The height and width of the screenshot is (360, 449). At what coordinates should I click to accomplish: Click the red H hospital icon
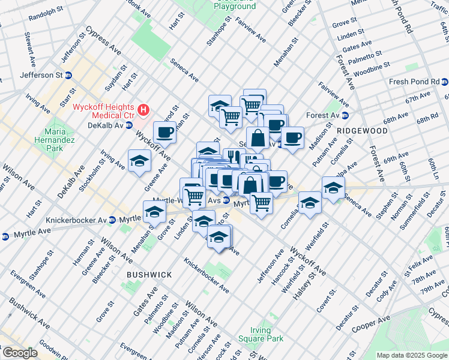[143, 109]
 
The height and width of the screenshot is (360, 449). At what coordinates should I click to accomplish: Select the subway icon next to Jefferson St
[68, 76]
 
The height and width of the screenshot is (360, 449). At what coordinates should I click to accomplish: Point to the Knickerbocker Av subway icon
[112, 220]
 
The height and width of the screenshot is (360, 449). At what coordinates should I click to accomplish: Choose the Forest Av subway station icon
[345, 115]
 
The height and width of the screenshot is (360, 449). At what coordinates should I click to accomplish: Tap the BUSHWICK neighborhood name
[149, 274]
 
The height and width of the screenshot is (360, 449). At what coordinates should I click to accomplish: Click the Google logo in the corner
[20, 353]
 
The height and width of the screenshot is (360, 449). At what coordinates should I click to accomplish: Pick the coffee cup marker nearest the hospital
[164, 132]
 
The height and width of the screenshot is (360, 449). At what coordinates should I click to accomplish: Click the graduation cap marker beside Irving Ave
[139, 161]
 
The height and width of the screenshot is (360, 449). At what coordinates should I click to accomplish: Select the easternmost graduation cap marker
[333, 188]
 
